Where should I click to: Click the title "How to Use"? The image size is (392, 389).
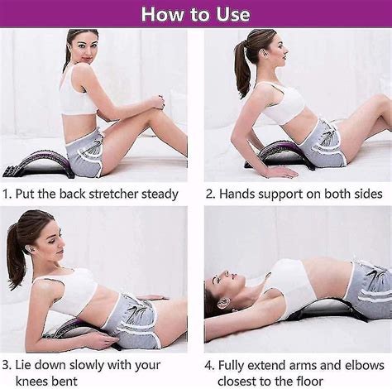click(x=195, y=14)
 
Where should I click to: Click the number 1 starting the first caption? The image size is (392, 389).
click(x=6, y=194)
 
